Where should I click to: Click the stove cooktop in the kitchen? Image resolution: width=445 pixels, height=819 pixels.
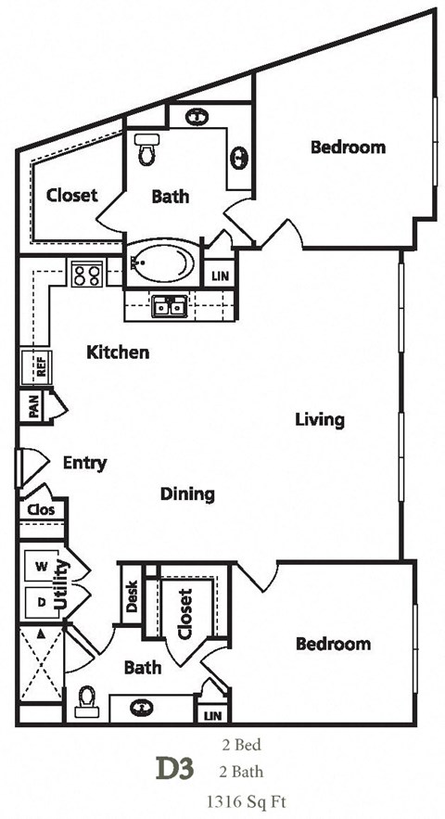click(86, 274)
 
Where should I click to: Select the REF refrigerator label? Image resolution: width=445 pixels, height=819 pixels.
click(42, 366)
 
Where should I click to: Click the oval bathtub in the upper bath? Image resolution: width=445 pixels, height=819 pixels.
click(162, 264)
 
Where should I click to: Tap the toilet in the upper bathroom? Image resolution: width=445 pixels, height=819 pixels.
click(146, 150)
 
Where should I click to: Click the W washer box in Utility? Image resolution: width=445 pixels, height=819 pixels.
click(41, 566)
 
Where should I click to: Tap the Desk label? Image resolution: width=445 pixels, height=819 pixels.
click(131, 593)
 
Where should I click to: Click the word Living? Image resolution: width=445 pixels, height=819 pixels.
click(320, 419)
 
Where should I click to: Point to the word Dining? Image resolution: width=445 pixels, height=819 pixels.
click(187, 494)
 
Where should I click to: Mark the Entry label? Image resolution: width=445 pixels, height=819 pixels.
click(84, 463)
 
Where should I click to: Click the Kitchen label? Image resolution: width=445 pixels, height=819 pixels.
click(118, 352)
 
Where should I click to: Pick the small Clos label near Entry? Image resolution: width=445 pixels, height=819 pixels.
click(41, 509)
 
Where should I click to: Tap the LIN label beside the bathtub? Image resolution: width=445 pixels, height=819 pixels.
click(220, 276)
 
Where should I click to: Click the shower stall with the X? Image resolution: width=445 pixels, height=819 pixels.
click(40, 662)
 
